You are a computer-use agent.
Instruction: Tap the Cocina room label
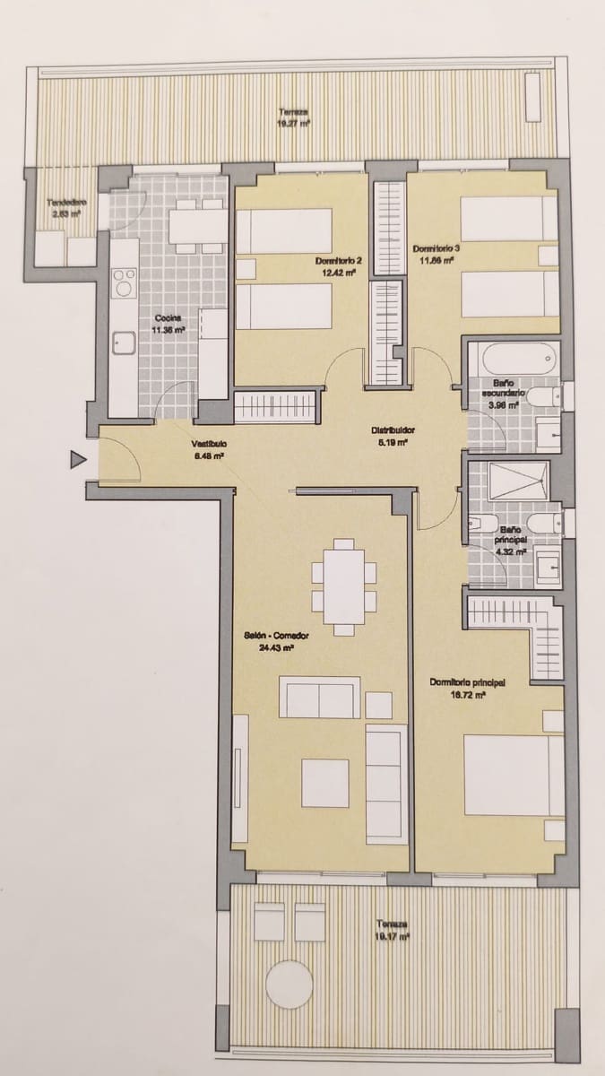click(x=168, y=318)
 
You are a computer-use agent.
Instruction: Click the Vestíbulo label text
click(x=208, y=444)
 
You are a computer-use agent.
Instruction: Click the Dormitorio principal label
click(x=467, y=682)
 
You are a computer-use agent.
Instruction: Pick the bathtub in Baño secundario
click(x=508, y=361)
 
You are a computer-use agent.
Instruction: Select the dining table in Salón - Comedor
click(x=344, y=587)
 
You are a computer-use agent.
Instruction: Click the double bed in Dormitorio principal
click(x=513, y=775)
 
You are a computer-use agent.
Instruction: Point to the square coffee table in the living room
click(x=324, y=783)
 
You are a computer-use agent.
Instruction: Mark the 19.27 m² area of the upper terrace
click(x=293, y=126)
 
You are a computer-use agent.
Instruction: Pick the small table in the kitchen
click(x=198, y=225)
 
